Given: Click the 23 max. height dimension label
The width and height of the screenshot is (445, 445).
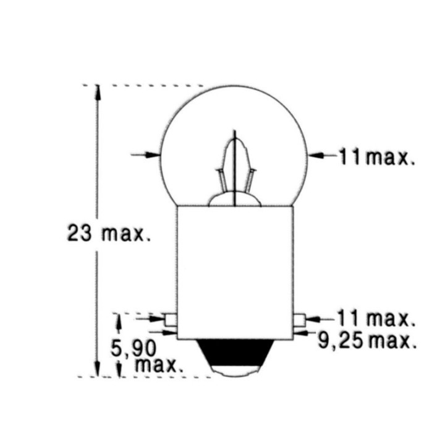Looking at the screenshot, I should coord(109,233).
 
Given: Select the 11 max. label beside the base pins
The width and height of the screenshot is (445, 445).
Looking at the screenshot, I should coord(375,319).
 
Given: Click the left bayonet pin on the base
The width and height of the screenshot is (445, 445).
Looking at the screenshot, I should coord(171,320).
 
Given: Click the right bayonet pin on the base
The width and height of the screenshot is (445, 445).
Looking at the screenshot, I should coord(300,320).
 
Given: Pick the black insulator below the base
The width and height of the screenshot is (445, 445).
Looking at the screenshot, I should coord(235,352).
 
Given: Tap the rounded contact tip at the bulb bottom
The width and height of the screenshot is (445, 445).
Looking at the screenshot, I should coord(235,369).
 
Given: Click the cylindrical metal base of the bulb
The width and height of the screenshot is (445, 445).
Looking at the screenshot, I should coord(235,272).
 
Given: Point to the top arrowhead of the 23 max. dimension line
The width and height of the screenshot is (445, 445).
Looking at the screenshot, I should coord(96,91).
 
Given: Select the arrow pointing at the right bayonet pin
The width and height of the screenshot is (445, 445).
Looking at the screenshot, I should coord(313,319).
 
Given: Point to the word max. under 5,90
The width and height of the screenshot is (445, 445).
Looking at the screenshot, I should coord(159,364).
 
